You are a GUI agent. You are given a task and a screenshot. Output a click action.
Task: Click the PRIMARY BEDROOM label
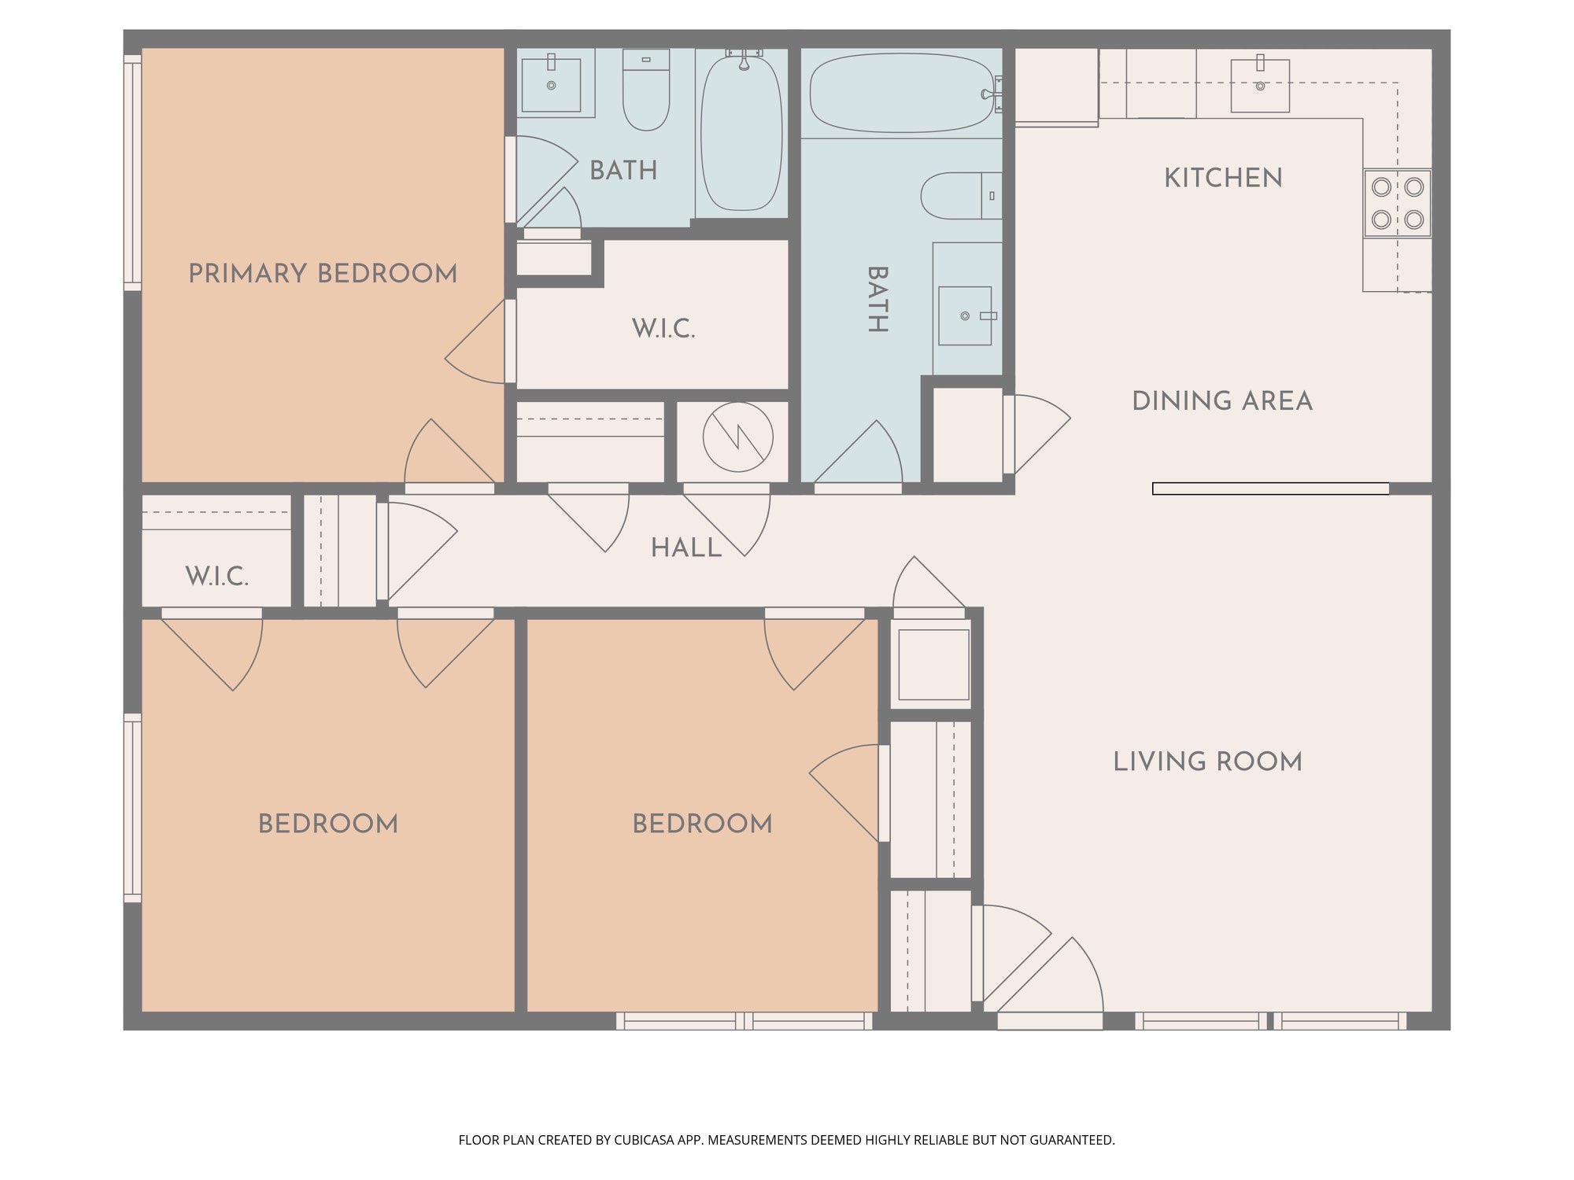(323, 273)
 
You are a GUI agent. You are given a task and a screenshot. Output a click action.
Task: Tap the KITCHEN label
(1223, 178)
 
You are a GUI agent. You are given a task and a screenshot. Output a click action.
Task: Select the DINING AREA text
(1222, 400)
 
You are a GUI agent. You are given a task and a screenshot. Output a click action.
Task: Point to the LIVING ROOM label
(1207, 761)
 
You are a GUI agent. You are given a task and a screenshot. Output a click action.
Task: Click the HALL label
(686, 548)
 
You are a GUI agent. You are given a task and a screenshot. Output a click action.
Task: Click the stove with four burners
(1398, 203)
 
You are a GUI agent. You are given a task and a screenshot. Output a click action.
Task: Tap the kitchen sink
(1260, 85)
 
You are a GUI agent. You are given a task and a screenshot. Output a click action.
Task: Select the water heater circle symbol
(737, 437)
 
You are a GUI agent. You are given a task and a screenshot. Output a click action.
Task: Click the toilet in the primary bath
(646, 90)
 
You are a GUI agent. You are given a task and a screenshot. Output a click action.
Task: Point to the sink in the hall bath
(966, 315)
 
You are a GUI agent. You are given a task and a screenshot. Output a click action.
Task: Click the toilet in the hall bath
(961, 196)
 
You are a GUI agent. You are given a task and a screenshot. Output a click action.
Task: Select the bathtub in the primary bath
(741, 131)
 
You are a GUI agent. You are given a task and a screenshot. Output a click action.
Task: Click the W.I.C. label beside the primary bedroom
(663, 329)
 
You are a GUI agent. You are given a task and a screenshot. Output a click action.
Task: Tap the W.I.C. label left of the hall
(217, 577)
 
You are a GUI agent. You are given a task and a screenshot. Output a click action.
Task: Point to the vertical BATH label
(878, 300)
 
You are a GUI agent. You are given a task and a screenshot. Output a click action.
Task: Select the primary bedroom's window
(132, 173)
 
